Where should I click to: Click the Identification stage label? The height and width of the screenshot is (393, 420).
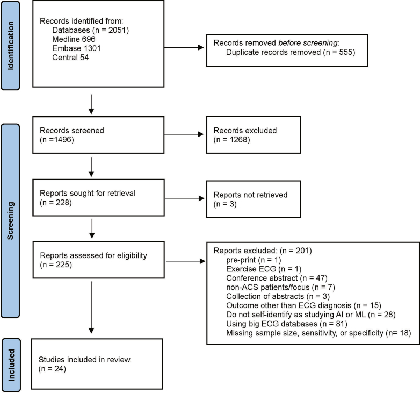pyautogui.click(x=10, y=46)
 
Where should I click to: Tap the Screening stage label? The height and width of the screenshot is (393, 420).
pyautogui.click(x=10, y=220)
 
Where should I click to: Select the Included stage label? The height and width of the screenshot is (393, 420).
pyautogui.click(x=11, y=365)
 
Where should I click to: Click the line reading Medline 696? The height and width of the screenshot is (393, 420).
pyautogui.click(x=74, y=39)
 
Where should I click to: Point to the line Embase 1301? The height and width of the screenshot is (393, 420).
pyautogui.click(x=76, y=48)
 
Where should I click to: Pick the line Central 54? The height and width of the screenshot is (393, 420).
pyautogui.click(x=70, y=58)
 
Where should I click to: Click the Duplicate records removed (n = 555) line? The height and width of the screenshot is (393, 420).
pyautogui.click(x=291, y=52)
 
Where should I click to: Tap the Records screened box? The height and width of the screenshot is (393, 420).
pyautogui.click(x=98, y=135)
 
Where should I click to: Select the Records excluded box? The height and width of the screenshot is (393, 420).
pyautogui.click(x=254, y=135)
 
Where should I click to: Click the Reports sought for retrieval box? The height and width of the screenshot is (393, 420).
pyautogui.click(x=98, y=197)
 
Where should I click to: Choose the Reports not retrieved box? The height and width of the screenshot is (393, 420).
pyautogui.click(x=254, y=199)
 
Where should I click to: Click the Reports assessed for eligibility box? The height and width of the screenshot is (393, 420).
pyautogui.click(x=98, y=260)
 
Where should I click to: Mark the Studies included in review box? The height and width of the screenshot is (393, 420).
pyautogui.click(x=97, y=364)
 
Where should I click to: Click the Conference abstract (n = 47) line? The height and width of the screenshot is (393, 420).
pyautogui.click(x=277, y=278)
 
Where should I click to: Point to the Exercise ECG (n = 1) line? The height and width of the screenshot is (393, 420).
pyautogui.click(x=264, y=269)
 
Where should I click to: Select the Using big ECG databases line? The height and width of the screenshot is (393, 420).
pyautogui.click(x=287, y=324)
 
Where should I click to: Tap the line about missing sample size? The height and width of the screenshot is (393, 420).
pyautogui.click(x=318, y=333)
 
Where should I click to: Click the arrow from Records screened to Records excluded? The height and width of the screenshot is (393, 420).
pyautogui.click(x=184, y=134)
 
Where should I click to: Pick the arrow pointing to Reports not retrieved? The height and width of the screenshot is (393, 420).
pyautogui.click(x=185, y=198)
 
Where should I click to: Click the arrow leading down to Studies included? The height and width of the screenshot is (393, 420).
pyautogui.click(x=91, y=307)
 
